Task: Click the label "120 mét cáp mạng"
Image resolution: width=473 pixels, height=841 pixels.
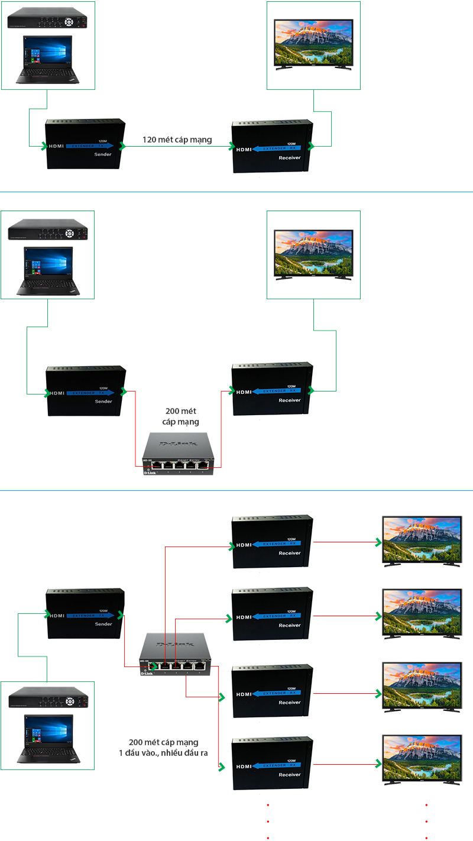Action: [177, 140]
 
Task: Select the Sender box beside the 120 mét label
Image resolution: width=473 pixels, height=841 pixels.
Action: [86, 144]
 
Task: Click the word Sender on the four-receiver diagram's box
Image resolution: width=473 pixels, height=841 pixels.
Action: [103, 624]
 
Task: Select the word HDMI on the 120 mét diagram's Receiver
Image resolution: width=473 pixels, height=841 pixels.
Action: [243, 149]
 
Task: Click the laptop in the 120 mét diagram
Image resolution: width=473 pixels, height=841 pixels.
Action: [47, 59]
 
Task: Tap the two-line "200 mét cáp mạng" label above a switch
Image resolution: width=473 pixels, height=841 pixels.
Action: [180, 416]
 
